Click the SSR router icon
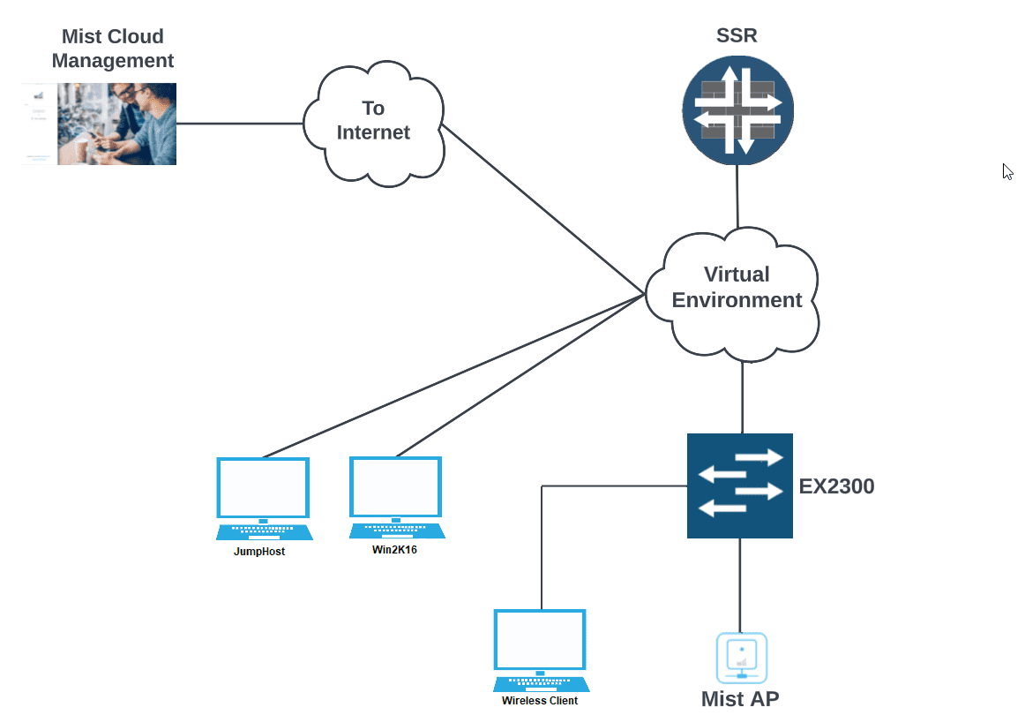tap(737, 110)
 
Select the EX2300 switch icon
tap(739, 485)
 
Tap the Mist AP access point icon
tap(741, 658)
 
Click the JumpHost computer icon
tap(264, 498)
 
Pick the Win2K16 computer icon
tap(396, 496)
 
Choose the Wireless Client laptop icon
tap(541, 650)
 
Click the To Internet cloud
tap(373, 121)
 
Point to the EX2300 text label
tap(836, 486)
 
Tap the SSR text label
tap(737, 36)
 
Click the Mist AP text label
tap(740, 699)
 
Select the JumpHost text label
tap(259, 552)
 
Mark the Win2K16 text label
tap(394, 549)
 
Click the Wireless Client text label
tap(540, 701)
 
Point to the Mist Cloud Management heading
tap(113, 49)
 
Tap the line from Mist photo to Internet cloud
tap(238, 124)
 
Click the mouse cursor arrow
tap(1007, 171)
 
